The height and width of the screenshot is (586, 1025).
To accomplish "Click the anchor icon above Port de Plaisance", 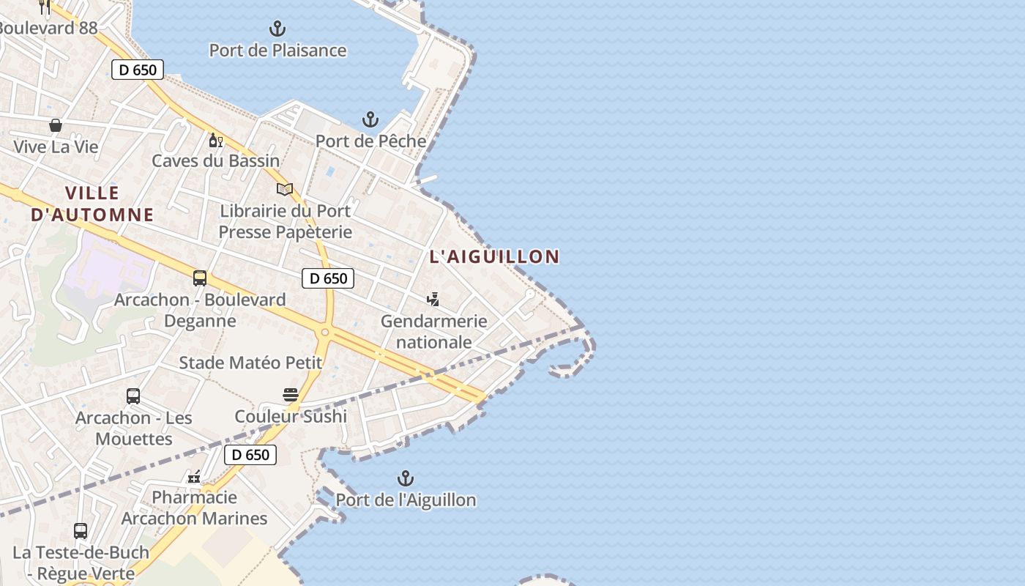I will (277, 29).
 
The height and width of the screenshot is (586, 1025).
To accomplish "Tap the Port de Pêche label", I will (370, 141).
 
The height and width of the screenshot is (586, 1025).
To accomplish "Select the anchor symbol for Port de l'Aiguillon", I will (406, 479).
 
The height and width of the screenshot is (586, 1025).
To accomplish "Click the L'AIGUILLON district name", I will (494, 256).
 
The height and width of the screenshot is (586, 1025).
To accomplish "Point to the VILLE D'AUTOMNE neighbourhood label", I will (92, 204).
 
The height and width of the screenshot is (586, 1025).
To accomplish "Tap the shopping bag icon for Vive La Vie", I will (56, 125).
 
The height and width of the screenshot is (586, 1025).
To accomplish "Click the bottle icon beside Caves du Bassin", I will (215, 140).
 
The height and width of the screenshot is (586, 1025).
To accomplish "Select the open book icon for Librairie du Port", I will (285, 190).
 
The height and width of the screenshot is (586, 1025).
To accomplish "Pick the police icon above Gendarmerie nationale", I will (433, 299).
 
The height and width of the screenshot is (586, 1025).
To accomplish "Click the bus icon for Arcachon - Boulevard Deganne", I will (200, 278).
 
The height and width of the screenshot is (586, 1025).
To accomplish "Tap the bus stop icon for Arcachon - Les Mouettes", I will (133, 396).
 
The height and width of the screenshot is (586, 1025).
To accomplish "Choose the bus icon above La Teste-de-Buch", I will (81, 530).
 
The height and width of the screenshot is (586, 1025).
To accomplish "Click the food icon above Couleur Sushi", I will (291, 395).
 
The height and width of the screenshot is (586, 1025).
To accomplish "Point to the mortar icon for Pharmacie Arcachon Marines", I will (194, 477).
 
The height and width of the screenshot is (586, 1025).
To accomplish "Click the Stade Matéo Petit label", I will (250, 363).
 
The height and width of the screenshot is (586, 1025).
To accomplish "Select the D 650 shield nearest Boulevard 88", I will (138, 70).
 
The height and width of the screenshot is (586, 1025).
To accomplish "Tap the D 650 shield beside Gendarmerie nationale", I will (328, 278).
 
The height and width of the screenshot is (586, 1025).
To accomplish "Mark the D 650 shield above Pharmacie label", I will (250, 455).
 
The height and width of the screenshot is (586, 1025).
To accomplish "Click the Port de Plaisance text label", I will (277, 51).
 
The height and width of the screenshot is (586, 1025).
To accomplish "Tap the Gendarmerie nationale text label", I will (434, 331).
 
